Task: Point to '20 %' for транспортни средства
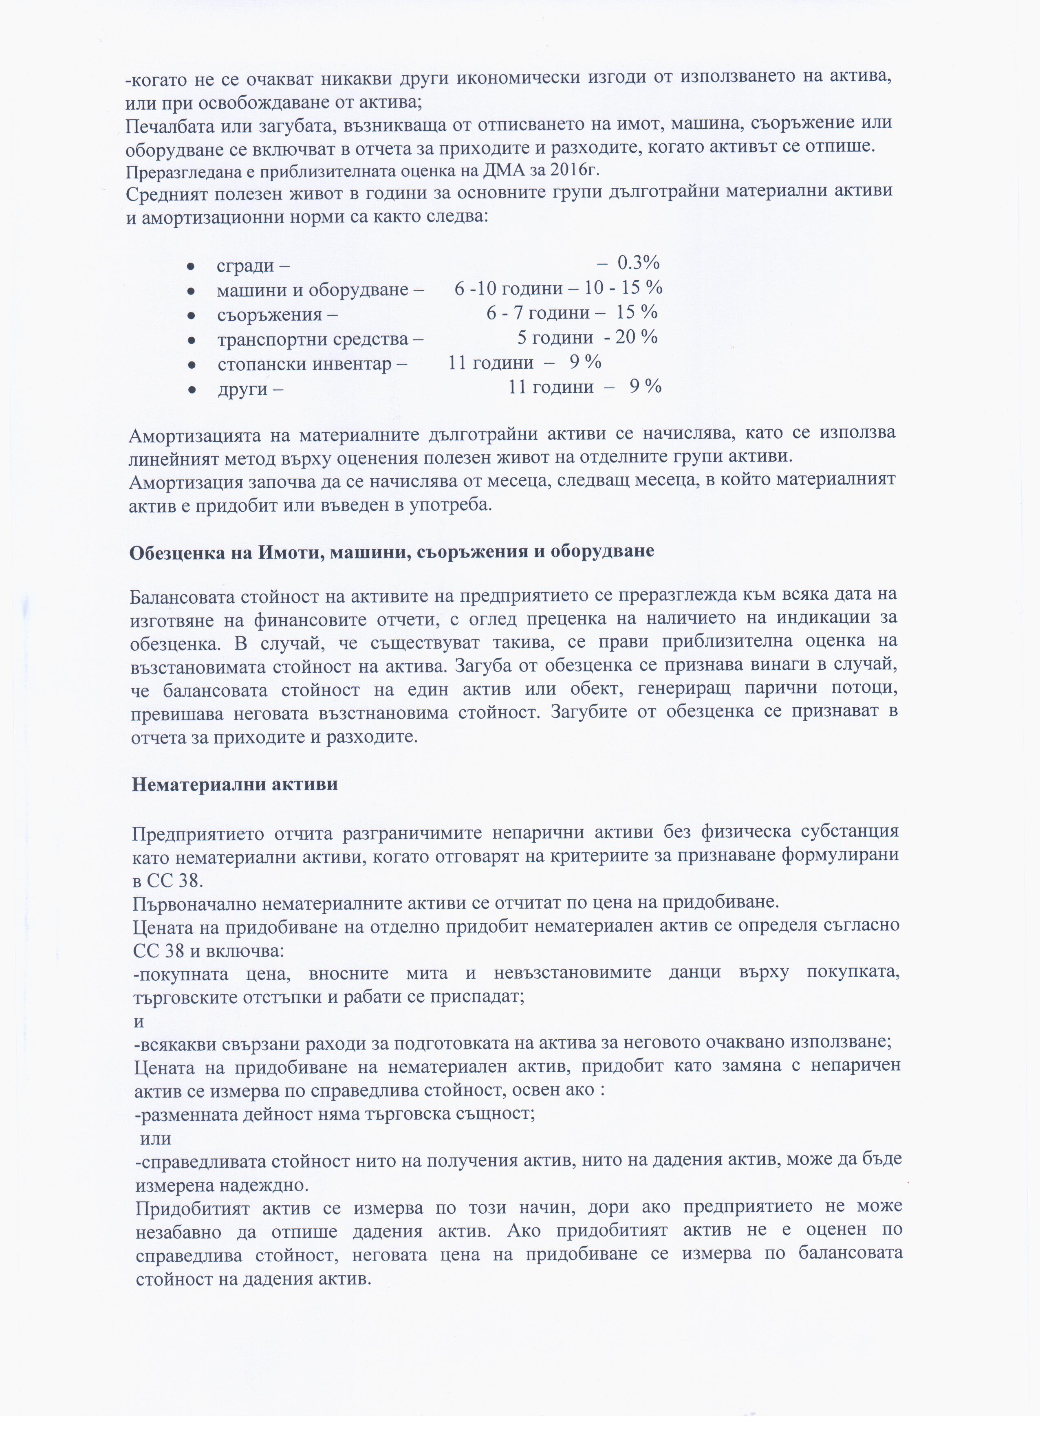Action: [x=637, y=337]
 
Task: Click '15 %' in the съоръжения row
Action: [x=637, y=313]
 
